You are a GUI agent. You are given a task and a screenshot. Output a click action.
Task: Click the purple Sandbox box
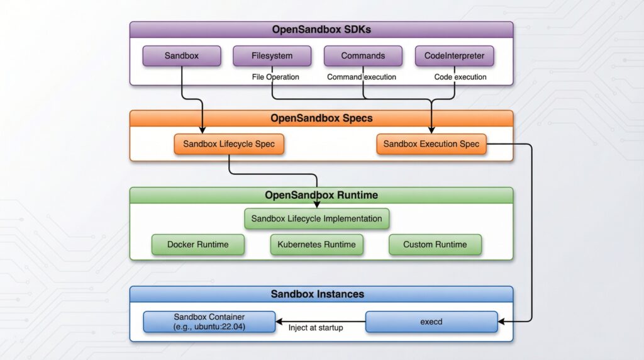tap(182, 56)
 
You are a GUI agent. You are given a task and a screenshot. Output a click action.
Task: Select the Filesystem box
tap(272, 56)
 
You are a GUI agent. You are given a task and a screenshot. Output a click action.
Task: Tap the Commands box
tap(363, 56)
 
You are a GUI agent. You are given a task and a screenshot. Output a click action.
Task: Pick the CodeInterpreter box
tap(454, 56)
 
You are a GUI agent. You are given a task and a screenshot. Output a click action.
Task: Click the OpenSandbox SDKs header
tap(321, 30)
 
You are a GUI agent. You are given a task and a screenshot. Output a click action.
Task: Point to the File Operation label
tap(275, 77)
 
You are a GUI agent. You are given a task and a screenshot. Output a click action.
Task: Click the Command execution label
tap(362, 77)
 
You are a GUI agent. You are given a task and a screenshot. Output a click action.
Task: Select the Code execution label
tap(460, 77)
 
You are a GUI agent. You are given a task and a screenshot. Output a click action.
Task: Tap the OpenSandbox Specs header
tap(321, 118)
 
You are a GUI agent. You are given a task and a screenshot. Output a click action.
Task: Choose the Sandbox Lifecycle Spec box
tap(229, 144)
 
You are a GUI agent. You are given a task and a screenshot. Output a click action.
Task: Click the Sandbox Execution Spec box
tap(431, 144)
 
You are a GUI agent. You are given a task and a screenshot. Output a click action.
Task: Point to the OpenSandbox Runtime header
tap(321, 195)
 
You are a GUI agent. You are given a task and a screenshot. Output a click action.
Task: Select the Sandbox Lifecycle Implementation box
tap(316, 218)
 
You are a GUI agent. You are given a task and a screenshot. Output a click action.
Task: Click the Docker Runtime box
tap(197, 244)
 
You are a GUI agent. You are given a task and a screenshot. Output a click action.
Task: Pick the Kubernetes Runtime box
tap(317, 244)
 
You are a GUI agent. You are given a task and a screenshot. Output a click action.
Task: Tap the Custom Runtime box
tap(435, 244)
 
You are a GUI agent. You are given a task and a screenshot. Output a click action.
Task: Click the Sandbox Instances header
tap(321, 294)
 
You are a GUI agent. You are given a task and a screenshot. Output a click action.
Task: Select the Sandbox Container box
tap(209, 322)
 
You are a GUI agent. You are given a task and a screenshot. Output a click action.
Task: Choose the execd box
tap(431, 322)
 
